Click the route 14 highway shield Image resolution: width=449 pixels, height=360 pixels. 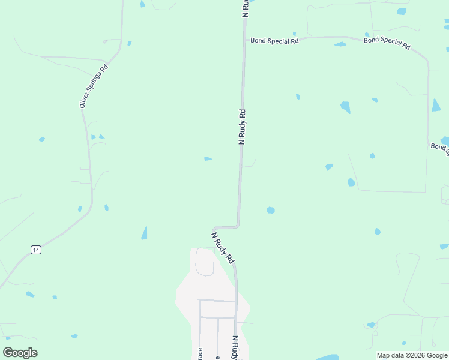pos(36,250)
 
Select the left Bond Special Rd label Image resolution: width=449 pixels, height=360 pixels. pos(274,41)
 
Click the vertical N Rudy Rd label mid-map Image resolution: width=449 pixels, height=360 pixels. pos(242,127)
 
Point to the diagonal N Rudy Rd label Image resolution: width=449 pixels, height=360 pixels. pos(223,247)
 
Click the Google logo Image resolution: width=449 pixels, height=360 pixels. pos(20,353)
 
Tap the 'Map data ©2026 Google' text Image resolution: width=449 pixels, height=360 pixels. pos(412,355)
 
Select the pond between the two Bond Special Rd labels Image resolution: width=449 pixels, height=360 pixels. pos(340,44)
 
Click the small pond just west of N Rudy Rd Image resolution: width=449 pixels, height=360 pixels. pos(208,159)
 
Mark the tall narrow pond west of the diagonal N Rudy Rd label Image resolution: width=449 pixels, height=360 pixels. pos(144,232)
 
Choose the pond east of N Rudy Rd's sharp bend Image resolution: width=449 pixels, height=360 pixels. pos(271,210)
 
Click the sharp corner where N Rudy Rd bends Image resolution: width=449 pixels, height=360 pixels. pos(238,227)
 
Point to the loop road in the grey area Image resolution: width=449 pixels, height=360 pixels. pos(205,262)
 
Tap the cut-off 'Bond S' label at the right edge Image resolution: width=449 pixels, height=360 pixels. pos(440,147)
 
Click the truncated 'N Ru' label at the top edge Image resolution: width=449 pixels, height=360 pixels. pos(245,8)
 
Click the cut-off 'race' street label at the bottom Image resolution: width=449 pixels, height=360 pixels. pos(200,353)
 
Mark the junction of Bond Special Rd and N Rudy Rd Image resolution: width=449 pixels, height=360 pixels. pos(244,41)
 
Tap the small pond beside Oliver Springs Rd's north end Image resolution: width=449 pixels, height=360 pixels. pos(129,43)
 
